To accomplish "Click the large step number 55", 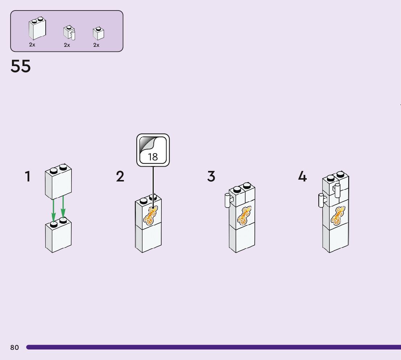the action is (21, 66).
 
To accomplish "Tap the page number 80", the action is (15, 348).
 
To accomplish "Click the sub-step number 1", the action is (28, 177).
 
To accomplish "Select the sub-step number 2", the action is (120, 177).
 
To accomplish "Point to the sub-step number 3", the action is (211, 177).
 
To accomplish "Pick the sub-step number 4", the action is (302, 177).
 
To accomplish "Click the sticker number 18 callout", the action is (153, 150).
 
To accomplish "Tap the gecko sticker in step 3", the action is (244, 216).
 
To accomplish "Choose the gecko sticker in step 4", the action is (338, 216).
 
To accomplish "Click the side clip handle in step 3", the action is (227, 200).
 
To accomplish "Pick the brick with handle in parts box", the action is (69, 33).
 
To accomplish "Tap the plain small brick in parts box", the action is (98, 33).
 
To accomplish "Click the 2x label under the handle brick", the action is (67, 45).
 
